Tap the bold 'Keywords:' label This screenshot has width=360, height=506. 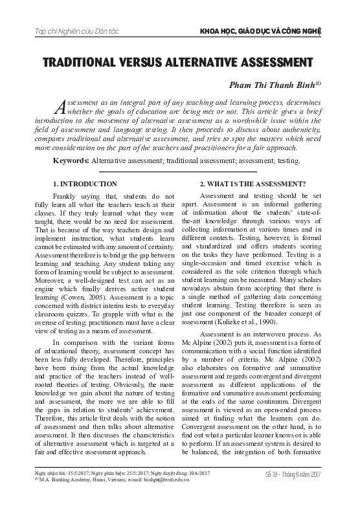[71, 159]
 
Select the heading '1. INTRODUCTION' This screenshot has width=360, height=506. [85, 184]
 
